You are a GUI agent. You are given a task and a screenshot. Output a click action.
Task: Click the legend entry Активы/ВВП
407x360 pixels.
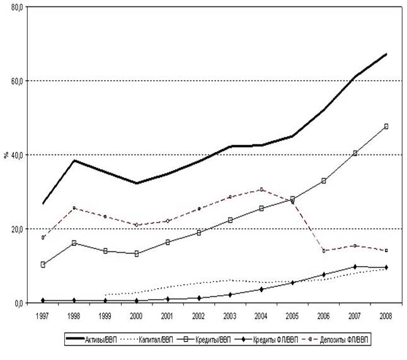105,340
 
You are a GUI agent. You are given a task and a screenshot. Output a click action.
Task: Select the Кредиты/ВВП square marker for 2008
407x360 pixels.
386,126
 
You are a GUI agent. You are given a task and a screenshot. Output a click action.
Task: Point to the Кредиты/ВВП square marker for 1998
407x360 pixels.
74,243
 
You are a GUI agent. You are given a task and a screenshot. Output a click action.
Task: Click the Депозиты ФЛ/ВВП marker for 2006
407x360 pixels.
324,250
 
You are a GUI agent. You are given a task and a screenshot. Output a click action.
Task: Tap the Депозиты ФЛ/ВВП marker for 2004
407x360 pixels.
261,189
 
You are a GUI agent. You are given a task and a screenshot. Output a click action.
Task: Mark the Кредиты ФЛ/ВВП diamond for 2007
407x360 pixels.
355,267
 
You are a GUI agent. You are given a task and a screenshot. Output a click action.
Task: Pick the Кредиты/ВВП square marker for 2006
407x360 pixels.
324,181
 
